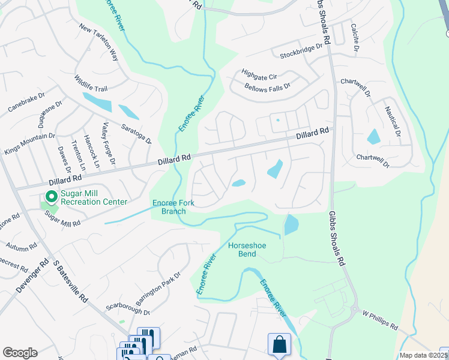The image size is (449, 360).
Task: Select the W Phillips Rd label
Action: (x=380, y=320)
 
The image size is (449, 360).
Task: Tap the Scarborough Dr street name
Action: (x=127, y=307)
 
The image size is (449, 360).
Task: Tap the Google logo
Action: (x=20, y=353)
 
